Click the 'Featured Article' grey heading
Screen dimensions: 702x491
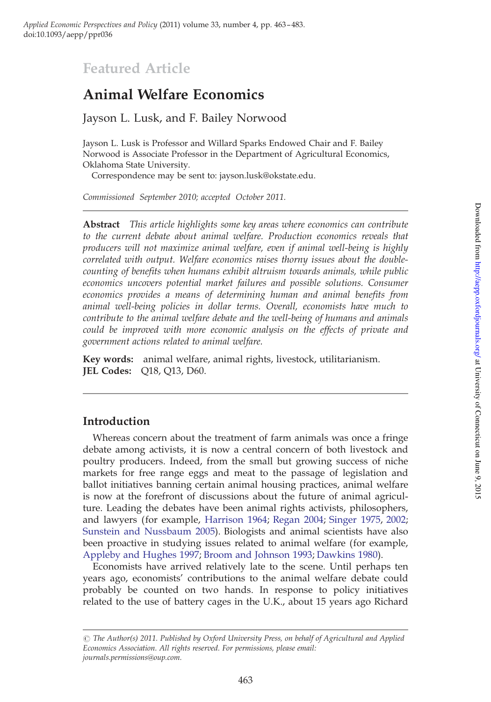pyautogui.click(x=137, y=69)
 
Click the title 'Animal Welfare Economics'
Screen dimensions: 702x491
pyautogui.click(x=173, y=95)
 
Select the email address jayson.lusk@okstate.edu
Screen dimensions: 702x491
pyautogui.click(x=267, y=176)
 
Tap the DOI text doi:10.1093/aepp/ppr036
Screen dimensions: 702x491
pyautogui.click(x=68, y=35)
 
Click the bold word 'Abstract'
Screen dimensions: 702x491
pyautogui.click(x=101, y=225)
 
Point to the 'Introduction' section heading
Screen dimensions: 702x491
pyautogui.click(x=116, y=421)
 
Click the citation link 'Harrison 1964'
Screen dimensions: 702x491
pyautogui.click(x=236, y=520)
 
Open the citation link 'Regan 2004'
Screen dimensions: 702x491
pyautogui.click(x=298, y=520)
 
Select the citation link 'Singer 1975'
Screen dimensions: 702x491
pyautogui.click(x=354, y=520)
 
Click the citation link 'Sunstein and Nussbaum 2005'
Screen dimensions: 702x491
pyautogui.click(x=148, y=532)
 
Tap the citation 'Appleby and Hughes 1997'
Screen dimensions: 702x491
pyautogui.click(x=140, y=555)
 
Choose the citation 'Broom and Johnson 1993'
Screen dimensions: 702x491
pyautogui.click(x=258, y=555)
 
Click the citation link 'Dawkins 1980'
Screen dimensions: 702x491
pyautogui.click(x=347, y=555)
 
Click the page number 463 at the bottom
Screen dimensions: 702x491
pyautogui.click(x=245, y=680)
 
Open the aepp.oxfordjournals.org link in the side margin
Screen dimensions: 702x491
pyautogui.click(x=478, y=309)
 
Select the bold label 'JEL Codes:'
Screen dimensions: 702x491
pyautogui.click(x=107, y=371)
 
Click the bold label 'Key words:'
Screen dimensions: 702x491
pyautogui.click(x=108, y=359)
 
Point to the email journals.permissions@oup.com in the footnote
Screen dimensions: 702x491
pyautogui.click(x=131, y=658)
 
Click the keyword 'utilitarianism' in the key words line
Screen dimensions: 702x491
pyautogui.click(x=348, y=359)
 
